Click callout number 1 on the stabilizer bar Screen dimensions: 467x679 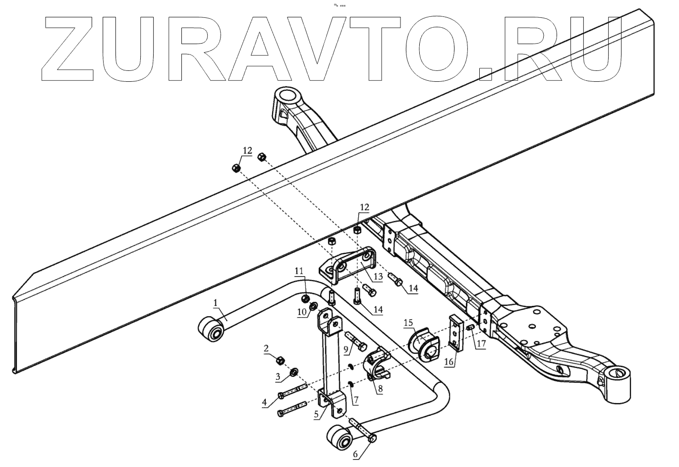pyautogui.click(x=216, y=301)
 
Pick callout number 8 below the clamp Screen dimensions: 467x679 pyautogui.click(x=380, y=389)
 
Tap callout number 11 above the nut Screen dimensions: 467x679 pyautogui.click(x=299, y=270)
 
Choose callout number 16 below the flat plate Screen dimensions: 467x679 pyautogui.click(x=449, y=362)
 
